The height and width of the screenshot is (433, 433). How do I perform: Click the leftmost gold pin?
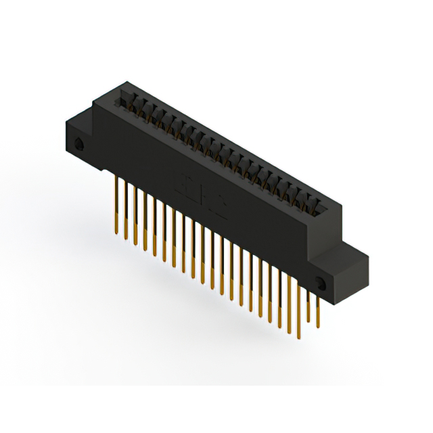(x=117, y=203)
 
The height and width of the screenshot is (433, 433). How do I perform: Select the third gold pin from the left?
(x=135, y=216)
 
